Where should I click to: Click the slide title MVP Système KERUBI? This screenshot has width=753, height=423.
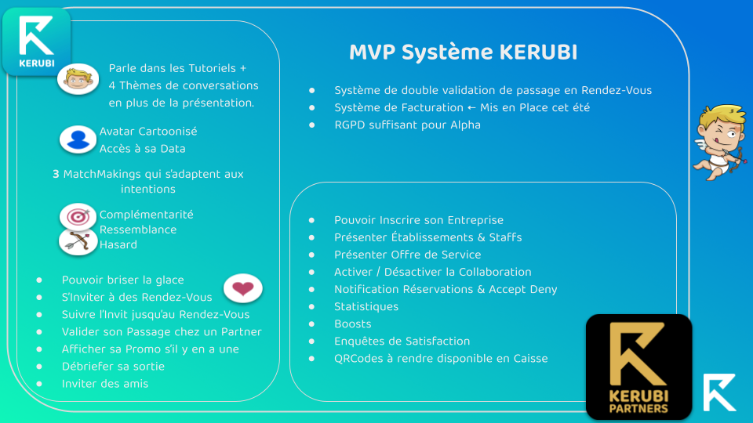pyautogui.click(x=463, y=52)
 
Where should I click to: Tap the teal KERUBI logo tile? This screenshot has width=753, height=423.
pyautogui.click(x=37, y=42)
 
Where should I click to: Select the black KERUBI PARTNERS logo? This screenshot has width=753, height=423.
pyautogui.click(x=638, y=367)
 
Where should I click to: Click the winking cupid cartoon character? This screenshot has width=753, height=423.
pyautogui.click(x=720, y=142)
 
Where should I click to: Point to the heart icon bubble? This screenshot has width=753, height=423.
pyautogui.click(x=243, y=288)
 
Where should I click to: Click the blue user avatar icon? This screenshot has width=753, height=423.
pyautogui.click(x=78, y=139)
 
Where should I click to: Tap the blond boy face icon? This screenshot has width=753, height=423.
pyautogui.click(x=78, y=78)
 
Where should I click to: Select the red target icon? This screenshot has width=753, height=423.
pyautogui.click(x=78, y=217)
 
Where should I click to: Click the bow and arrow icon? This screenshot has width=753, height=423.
pyautogui.click(x=78, y=241)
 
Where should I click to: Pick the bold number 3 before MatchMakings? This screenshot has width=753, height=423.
pyautogui.click(x=56, y=174)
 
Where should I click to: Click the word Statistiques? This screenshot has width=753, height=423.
pyautogui.click(x=366, y=306)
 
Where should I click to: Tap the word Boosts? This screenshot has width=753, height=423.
pyautogui.click(x=353, y=324)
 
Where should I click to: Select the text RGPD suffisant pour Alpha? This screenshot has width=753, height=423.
pyautogui.click(x=407, y=125)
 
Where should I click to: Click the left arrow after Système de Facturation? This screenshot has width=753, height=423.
pyautogui.click(x=471, y=108)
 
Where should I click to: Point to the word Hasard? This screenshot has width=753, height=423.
pyautogui.click(x=118, y=244)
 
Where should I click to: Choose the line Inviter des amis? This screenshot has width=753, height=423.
pyautogui.click(x=104, y=384)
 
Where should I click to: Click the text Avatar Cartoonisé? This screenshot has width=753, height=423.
pyautogui.click(x=148, y=132)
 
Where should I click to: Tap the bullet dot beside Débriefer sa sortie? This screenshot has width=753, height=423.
pyautogui.click(x=39, y=367)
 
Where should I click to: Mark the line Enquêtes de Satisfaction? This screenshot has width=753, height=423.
pyautogui.click(x=402, y=341)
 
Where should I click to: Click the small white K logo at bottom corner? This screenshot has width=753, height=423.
pyautogui.click(x=719, y=392)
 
